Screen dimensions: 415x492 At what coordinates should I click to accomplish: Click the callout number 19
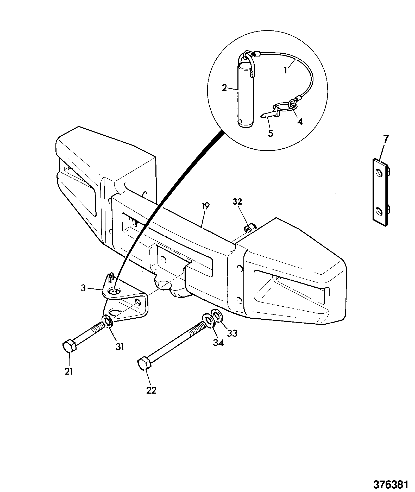click(x=205, y=206)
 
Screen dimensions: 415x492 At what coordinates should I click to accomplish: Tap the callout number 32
click(x=237, y=202)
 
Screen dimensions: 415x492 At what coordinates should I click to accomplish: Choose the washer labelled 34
click(x=208, y=320)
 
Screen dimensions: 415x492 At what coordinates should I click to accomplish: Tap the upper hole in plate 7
click(x=380, y=173)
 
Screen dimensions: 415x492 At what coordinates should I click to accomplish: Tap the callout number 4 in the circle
click(x=300, y=121)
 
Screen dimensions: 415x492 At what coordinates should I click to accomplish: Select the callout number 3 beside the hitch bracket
click(x=83, y=288)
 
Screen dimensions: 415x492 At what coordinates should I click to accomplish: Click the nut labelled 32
click(x=249, y=229)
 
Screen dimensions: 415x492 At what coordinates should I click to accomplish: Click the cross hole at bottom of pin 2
click(x=240, y=121)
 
